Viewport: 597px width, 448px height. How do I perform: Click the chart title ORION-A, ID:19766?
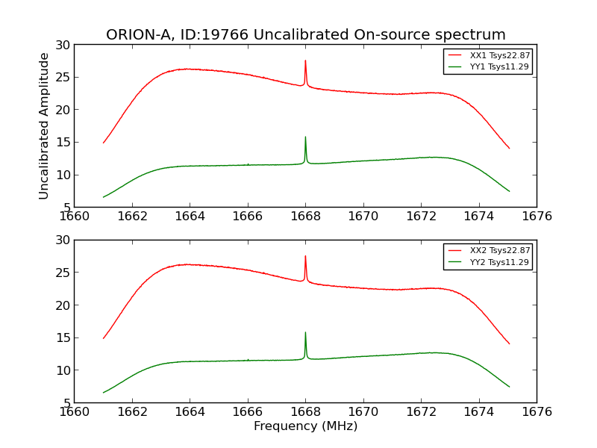pyautogui.click(x=305, y=35)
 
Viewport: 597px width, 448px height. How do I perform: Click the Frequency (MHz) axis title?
pyautogui.click(x=305, y=426)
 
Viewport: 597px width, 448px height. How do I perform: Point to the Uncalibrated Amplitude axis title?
pyautogui.click(x=44, y=125)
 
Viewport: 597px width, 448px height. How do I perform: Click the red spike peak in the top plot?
pyautogui.click(x=305, y=61)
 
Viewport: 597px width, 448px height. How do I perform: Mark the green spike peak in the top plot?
pyautogui.click(x=305, y=137)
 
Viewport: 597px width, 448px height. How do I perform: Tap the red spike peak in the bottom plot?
pyautogui.click(x=305, y=256)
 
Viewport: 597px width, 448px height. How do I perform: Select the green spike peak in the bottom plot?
pyautogui.click(x=305, y=332)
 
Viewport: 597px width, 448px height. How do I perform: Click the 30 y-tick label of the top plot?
pyautogui.click(x=62, y=45)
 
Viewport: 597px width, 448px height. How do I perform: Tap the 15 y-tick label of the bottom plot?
pyautogui.click(x=62, y=337)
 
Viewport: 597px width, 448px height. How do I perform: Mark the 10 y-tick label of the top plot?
pyautogui.click(x=62, y=175)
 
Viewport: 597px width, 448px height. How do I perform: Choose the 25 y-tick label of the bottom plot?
pyautogui.click(x=62, y=273)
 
